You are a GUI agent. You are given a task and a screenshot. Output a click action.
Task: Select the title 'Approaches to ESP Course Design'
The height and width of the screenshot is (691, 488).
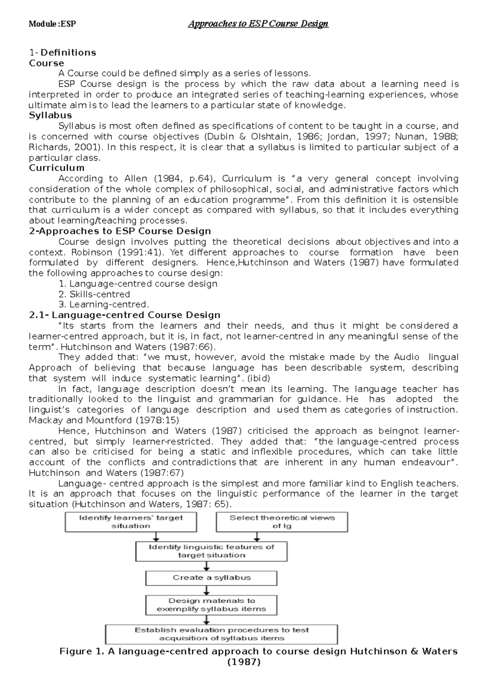pyautogui.click(x=258, y=24)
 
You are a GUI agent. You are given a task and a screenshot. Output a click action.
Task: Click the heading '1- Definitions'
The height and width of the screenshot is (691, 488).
pyautogui.click(x=63, y=52)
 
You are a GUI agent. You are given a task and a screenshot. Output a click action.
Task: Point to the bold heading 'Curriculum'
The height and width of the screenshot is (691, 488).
pyautogui.click(x=57, y=168)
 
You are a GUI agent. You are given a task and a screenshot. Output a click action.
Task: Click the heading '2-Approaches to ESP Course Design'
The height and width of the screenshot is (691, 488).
pyautogui.click(x=120, y=231)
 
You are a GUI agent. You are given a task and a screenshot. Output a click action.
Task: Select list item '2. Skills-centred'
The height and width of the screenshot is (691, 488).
pyautogui.click(x=94, y=294)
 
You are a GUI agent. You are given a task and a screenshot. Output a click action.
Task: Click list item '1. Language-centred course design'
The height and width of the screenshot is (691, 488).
pyautogui.click(x=138, y=284)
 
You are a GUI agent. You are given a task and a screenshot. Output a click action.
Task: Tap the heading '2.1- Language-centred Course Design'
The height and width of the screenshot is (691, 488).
pyautogui.click(x=125, y=315)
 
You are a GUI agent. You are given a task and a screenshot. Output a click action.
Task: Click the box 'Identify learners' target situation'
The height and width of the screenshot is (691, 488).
pyautogui.click(x=131, y=522)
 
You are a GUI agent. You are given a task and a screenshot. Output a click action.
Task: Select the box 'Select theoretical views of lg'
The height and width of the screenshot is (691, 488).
pyautogui.click(x=282, y=522)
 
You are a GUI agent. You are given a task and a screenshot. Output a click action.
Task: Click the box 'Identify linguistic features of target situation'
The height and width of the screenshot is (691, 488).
pyautogui.click(x=211, y=551)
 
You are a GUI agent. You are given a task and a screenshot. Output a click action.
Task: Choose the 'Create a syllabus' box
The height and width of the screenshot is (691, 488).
pyautogui.click(x=211, y=578)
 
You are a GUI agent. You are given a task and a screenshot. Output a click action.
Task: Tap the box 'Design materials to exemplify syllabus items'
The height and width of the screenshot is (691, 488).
pyautogui.click(x=211, y=605)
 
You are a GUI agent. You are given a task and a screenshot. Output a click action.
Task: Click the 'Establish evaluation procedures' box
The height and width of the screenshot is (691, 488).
pyautogui.click(x=222, y=634)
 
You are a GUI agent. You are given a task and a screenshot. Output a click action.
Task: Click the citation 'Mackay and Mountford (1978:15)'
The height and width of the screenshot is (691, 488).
pyautogui.click(x=104, y=420)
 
